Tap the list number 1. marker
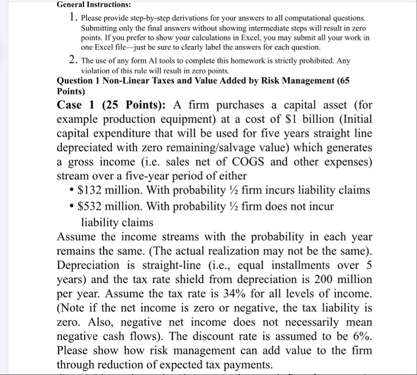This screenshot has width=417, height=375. click(73, 18)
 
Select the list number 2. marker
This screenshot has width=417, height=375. click(73, 61)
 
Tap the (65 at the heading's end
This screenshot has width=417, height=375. click(342, 80)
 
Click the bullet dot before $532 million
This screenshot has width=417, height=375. click(71, 207)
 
